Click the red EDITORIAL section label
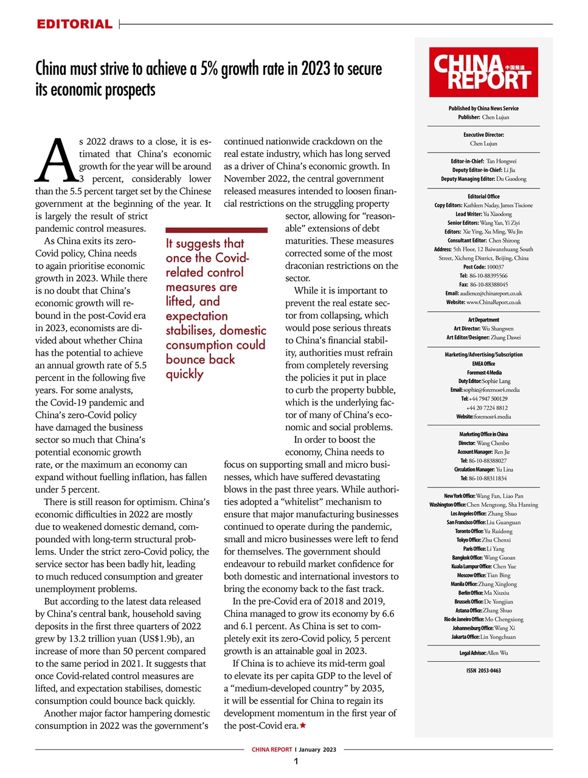tap(74, 24)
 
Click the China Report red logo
tap(483, 72)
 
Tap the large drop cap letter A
tap(56, 161)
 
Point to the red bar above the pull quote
tap(216, 230)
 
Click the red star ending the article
tap(303, 726)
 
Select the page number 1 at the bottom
tap(296, 762)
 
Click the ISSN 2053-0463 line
tap(483, 670)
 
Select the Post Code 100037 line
tap(483, 267)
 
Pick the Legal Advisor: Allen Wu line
tap(483, 653)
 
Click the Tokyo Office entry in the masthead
tap(483, 540)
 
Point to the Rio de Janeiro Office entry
tap(483, 619)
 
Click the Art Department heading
tap(483, 320)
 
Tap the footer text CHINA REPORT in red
tap(272, 749)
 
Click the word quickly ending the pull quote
tap(185, 374)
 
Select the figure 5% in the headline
tap(209, 68)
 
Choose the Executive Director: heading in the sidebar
tap(483, 135)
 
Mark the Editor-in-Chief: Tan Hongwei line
tap(483, 162)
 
